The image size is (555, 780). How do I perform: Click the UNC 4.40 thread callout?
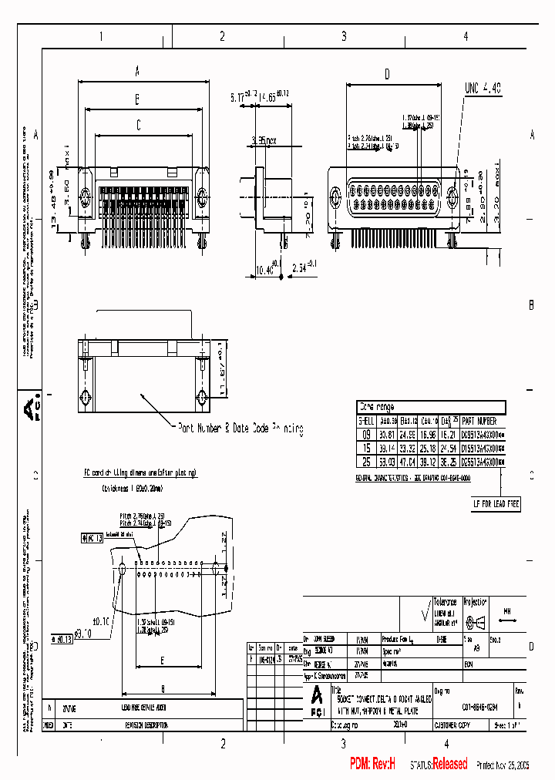click(x=482, y=89)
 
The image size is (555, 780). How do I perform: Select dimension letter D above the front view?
click(x=387, y=74)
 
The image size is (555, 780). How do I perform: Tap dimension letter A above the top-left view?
click(x=137, y=72)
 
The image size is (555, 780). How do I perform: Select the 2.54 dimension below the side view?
click(x=304, y=268)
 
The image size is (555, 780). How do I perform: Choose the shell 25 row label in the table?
click(x=366, y=461)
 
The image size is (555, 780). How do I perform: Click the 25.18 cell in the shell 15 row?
click(x=429, y=448)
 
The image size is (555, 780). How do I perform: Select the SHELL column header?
click(x=366, y=421)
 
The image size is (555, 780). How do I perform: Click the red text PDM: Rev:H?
click(x=372, y=764)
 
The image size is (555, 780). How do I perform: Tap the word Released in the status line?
click(x=450, y=764)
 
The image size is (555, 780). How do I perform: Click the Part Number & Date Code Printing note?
click(x=240, y=428)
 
